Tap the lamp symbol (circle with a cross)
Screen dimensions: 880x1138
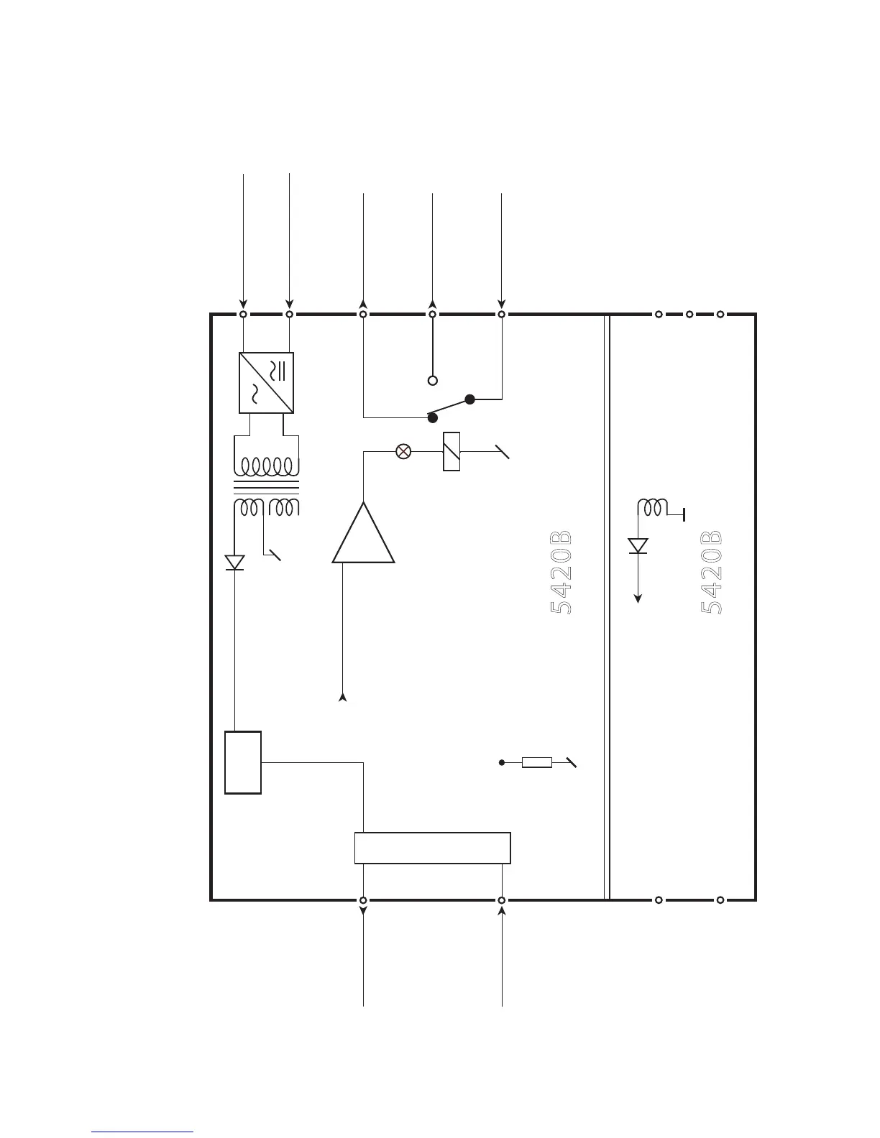[404, 451]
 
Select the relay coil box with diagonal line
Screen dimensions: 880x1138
[452, 451]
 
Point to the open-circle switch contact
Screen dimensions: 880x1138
[433, 381]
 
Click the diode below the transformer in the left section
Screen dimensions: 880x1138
[234, 563]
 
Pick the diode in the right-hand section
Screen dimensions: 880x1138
[638, 546]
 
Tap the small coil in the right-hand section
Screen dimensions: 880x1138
[653, 507]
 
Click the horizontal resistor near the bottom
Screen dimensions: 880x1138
[537, 762]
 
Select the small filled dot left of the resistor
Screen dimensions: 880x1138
[502, 762]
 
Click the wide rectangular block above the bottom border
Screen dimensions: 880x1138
[433, 848]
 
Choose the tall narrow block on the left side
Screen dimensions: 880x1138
[243, 762]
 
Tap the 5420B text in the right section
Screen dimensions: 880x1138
[711, 573]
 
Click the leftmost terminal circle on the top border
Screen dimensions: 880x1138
[244, 315]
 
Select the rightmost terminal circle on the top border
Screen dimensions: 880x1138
[720, 315]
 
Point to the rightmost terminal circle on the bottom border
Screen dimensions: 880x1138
[720, 899]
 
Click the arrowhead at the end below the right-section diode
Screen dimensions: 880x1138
[638, 598]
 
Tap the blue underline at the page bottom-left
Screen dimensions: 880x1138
[142, 1132]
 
